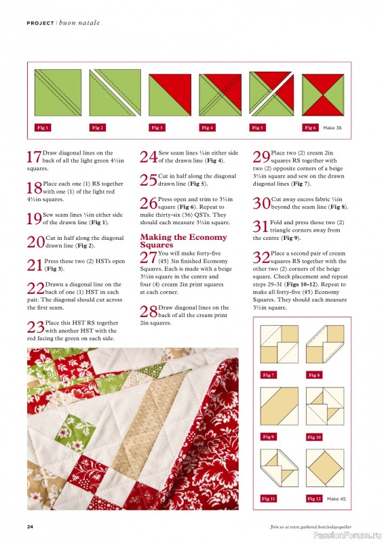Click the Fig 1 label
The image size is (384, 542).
pos(43,127)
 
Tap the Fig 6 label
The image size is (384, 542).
pos(310,127)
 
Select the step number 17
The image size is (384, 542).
pos(34,158)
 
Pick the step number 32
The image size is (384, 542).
pos(261,257)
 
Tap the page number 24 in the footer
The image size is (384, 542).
pos(31,526)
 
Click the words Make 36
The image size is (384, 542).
pos(332,127)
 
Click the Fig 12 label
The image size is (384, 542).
pos(314,499)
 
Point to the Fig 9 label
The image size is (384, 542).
pos(269,437)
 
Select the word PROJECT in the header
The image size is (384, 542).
pos(40,23)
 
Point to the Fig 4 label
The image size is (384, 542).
pos(207,127)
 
